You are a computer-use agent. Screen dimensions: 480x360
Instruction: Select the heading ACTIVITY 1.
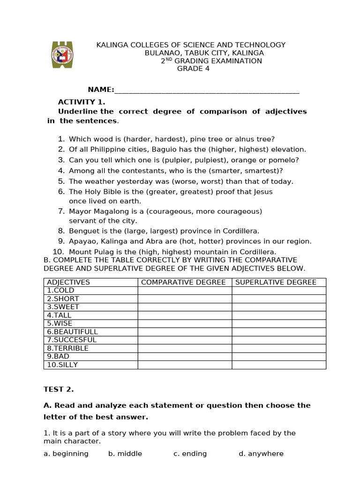82,102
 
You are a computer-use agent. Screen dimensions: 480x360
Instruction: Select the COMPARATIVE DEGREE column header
183,282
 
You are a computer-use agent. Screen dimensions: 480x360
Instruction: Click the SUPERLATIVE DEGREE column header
276,282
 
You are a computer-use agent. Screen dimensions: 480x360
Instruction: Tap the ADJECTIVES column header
68,282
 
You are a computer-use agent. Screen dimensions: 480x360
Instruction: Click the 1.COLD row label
60,291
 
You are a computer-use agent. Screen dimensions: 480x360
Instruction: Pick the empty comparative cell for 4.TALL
184,315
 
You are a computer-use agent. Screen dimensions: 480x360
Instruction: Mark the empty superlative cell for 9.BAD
278,357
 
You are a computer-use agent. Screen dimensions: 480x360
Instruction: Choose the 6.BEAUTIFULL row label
72,332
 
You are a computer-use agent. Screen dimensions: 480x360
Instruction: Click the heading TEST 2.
59,389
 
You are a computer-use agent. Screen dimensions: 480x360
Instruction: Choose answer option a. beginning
66,454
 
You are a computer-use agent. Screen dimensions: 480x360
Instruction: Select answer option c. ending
190,454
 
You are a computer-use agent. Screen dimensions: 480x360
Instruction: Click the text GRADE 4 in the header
193,69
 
